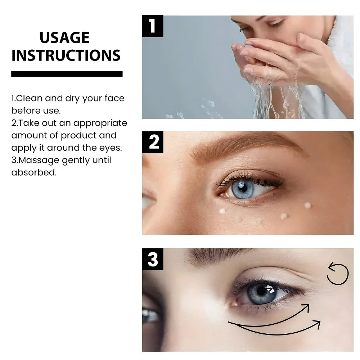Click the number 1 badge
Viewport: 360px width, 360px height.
coord(152,26)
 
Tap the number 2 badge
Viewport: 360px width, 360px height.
coord(153,142)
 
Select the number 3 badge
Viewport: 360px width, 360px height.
coord(153,259)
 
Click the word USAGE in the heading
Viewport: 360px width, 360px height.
coord(64,38)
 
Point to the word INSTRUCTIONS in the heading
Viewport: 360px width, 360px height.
coord(66,55)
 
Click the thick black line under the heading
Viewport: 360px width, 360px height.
coord(67,74)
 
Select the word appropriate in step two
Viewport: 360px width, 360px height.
coord(100,123)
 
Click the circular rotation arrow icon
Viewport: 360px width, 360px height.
coord(337,274)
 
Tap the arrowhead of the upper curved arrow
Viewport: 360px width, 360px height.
coord(306,307)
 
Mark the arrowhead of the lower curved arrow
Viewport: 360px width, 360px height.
coord(317,323)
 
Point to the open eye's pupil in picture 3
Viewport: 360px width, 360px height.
coord(261,291)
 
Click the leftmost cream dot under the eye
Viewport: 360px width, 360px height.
coord(222,211)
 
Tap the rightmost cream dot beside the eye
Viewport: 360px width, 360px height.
coord(307,205)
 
